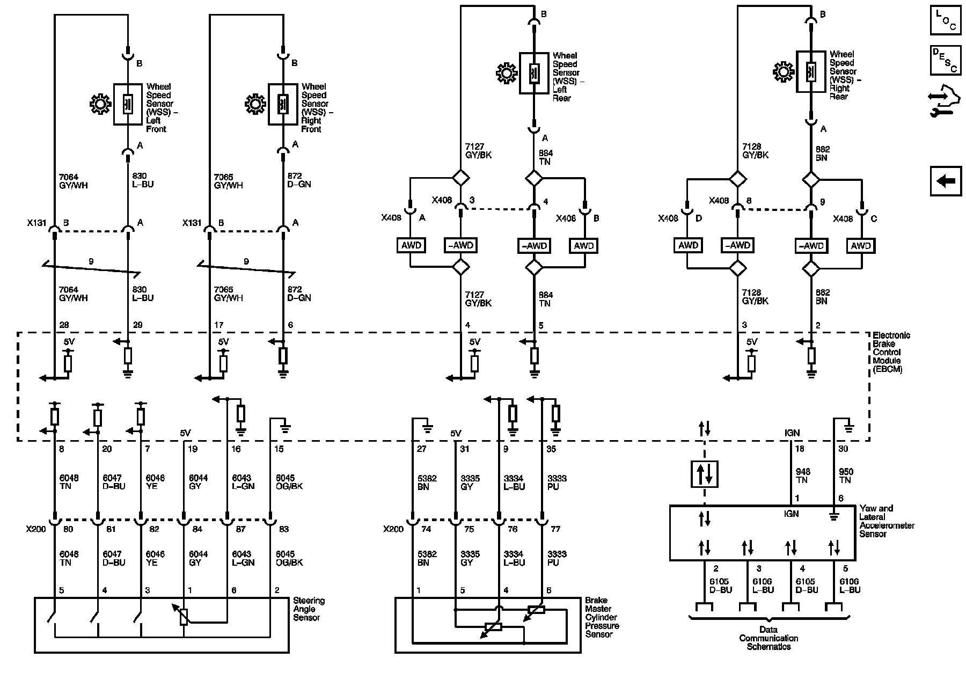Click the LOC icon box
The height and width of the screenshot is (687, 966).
tap(945, 21)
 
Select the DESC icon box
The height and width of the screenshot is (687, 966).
tap(945, 60)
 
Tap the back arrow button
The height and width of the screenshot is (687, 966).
tap(945, 181)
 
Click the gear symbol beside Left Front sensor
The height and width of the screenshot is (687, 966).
tap(100, 104)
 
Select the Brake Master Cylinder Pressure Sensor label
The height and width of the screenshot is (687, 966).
tap(602, 617)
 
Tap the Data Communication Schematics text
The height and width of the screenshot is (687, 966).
tap(769, 638)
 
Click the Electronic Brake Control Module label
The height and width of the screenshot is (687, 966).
tap(891, 352)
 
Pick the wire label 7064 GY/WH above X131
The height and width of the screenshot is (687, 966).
tap(73, 180)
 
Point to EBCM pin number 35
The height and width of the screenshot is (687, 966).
tap(551, 449)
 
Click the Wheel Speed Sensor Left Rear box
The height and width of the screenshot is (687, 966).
tap(533, 73)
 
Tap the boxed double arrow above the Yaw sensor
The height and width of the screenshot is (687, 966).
tap(704, 473)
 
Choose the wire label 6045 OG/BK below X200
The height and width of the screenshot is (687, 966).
tap(289, 558)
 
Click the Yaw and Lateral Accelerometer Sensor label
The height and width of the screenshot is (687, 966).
tap(887, 521)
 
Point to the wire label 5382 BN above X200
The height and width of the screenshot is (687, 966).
tap(423, 483)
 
